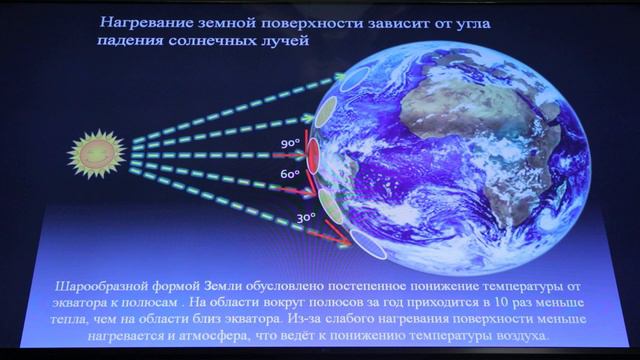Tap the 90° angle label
pos(290,144)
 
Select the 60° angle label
pos(291,173)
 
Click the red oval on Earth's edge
pos(312,156)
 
